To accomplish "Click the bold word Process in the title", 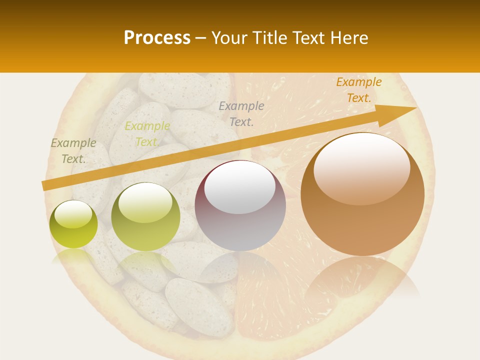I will point(157,37).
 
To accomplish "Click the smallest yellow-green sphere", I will point(73,224).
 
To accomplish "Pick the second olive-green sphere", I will point(145,217).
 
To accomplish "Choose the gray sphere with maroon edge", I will point(240,205).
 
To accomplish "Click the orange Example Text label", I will point(358,90).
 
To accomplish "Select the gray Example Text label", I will point(241,113).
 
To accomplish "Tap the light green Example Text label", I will point(147,134).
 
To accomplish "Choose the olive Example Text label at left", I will point(73,150).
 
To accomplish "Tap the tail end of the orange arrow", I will point(46,185).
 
